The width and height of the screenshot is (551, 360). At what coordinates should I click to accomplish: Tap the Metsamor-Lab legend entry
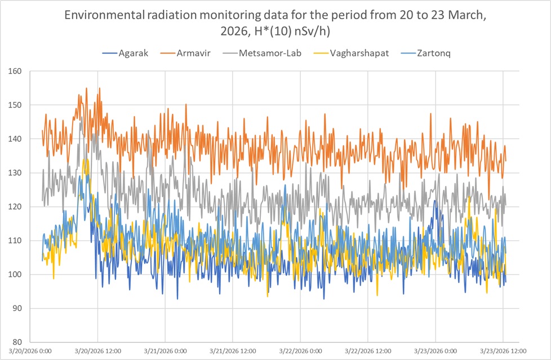261,54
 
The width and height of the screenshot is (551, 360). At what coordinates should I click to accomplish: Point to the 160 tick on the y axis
13,72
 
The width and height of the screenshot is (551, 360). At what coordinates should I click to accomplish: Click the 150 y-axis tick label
13,105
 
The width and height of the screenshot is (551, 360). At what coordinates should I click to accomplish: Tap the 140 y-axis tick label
13,139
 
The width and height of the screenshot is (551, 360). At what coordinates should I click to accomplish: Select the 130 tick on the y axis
13,173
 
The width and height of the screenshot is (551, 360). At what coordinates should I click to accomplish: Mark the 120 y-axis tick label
13,207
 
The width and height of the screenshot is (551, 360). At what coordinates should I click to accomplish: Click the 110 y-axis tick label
13,241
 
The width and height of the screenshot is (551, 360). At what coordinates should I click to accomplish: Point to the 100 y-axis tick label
13,274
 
